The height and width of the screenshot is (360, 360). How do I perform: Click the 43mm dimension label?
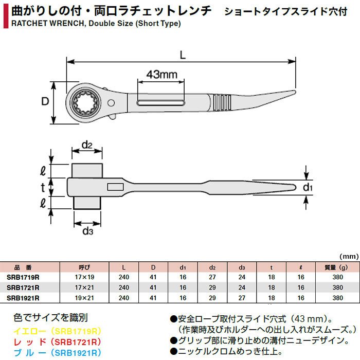(162, 75)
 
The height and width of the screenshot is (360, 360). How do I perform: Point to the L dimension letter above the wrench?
(183, 55)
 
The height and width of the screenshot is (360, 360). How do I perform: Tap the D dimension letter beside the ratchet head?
(45, 101)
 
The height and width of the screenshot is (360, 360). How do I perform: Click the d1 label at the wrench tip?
(308, 187)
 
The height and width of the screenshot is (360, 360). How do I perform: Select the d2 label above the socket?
(87, 145)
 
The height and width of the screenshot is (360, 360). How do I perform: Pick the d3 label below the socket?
(88, 231)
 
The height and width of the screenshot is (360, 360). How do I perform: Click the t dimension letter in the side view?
(43, 187)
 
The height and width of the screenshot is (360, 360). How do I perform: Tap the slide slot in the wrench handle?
(160, 103)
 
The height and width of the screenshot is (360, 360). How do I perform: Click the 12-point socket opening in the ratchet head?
(85, 102)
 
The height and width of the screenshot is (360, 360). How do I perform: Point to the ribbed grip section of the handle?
(221, 102)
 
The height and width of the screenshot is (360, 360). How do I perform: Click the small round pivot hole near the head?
(111, 103)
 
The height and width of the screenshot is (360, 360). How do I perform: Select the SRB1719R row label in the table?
(23, 277)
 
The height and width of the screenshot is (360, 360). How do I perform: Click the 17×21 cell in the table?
(84, 287)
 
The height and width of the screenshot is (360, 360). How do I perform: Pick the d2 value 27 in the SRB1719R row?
(212, 277)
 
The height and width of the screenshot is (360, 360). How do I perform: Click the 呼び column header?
(84, 267)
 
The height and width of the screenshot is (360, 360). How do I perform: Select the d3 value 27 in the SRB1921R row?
(242, 298)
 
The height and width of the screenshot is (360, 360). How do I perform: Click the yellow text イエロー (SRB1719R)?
(58, 331)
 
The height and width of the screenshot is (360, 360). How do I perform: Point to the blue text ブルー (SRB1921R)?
(58, 353)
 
